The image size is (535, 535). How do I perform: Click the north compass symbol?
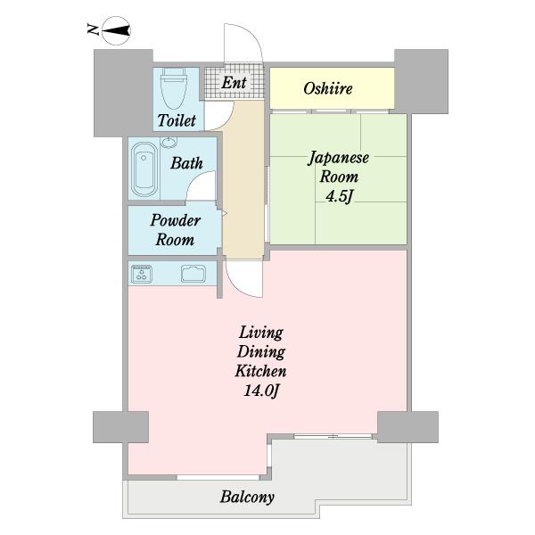116,31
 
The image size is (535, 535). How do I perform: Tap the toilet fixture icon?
174,88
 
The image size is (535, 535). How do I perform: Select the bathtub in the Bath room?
144,169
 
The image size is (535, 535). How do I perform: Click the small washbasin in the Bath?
169,142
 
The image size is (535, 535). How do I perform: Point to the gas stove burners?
142,274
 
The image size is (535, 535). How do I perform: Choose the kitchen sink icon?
193,274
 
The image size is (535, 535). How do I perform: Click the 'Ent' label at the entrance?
234,83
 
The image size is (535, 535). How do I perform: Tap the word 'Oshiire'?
328,88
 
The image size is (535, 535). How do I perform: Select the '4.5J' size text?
339,196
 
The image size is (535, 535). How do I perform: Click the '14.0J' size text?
261,391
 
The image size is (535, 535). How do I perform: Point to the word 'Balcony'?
247,497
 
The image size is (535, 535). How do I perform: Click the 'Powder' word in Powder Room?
175,220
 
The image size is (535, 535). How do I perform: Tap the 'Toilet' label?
177,120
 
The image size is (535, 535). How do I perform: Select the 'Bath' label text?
186,163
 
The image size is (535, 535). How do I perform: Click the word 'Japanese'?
339,159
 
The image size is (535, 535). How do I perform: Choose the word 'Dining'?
261,352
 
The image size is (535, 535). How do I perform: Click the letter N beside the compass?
93,29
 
